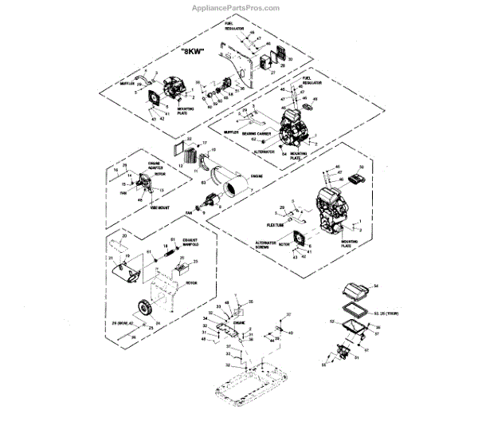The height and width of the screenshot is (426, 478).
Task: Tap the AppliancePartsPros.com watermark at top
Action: [x=237, y=9]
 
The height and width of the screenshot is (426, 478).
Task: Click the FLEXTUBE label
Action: [x=263, y=224]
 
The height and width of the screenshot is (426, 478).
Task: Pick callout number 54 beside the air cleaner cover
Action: [x=378, y=285]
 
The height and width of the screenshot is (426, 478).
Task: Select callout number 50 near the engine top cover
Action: [x=361, y=166]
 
